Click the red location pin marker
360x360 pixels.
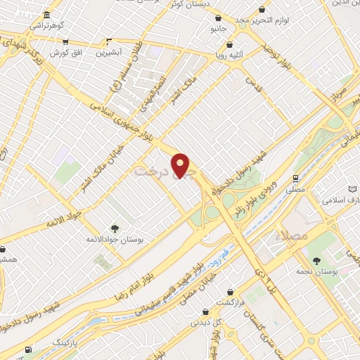181,165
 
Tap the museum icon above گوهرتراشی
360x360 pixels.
46,15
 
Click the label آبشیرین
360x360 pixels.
108,53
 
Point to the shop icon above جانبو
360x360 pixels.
218,18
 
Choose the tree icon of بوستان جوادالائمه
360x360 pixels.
115,228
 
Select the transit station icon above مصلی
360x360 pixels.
296,178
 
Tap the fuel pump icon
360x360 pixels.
28,349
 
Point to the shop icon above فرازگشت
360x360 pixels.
230,291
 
